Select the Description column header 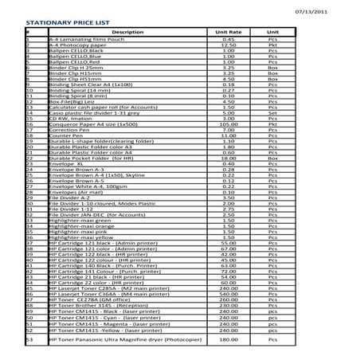127,32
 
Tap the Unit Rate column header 228,32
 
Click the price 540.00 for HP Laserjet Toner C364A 228,294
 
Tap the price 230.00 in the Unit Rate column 228,305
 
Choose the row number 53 29,340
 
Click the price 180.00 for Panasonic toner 228,340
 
